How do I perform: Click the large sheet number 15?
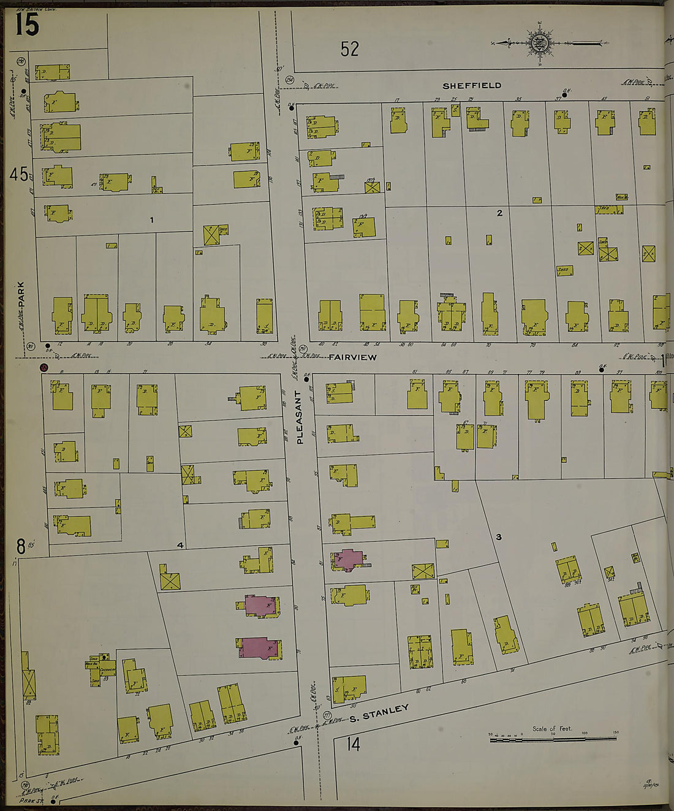tap(27, 25)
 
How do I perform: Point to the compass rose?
tap(540, 43)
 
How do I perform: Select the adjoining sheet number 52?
tap(350, 49)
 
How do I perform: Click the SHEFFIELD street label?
tap(472, 86)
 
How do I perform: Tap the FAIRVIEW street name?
tap(352, 357)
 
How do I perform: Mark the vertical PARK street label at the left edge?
tap(21, 295)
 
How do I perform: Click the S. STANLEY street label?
tap(379, 714)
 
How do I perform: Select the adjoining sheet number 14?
tap(352, 745)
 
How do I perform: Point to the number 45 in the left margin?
tap(19, 175)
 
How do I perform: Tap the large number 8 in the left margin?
tap(21, 546)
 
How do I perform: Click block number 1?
tap(151, 220)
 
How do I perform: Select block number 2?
tap(499, 213)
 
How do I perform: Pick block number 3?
tap(498, 537)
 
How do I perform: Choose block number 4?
tap(180, 545)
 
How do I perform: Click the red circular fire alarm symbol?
tap(44, 368)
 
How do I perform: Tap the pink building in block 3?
tap(348, 560)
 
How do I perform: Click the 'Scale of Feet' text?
tap(551, 728)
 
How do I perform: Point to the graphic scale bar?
tap(555, 739)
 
